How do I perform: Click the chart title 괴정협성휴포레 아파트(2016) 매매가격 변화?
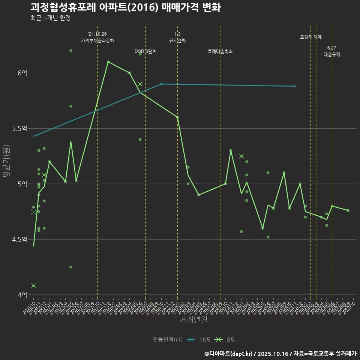pos(125,7)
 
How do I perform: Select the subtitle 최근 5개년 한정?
pos(50,18)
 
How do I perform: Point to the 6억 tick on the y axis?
pos(22,73)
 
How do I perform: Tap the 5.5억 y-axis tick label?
pos(19,129)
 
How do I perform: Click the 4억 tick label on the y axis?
pos(22,295)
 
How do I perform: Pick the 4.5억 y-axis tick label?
pos(19,239)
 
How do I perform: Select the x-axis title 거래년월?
pos(193,320)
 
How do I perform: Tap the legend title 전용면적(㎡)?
pos(168,340)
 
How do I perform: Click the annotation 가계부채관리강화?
pos(97,40)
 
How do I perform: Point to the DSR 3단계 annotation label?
pos(145,51)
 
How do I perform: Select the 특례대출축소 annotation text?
pos(220,51)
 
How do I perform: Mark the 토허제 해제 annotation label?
pos(311,37)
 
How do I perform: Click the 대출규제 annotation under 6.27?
pos(332,54)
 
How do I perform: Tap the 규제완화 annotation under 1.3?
pos(177,40)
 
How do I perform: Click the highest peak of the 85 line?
pos(108,61)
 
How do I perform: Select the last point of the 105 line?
pos(295,86)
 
